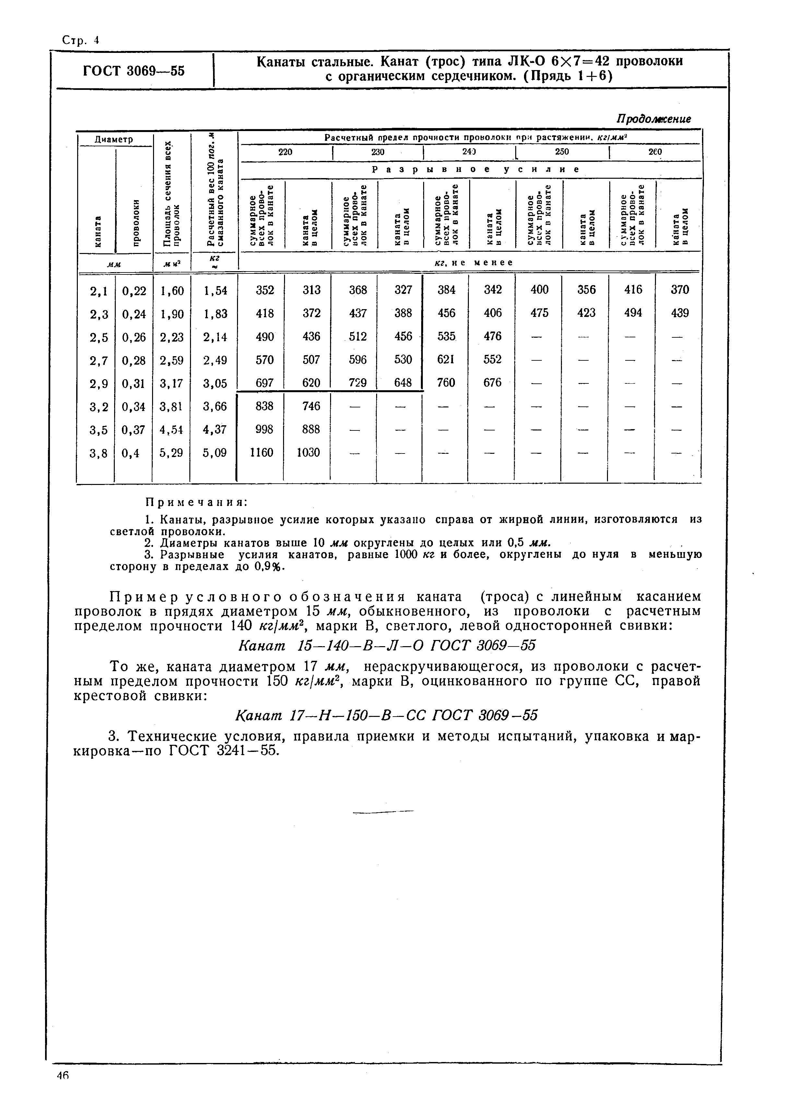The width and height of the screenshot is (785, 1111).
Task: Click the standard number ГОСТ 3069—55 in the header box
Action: (x=134, y=71)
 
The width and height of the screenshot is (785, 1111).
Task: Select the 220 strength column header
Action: (x=285, y=152)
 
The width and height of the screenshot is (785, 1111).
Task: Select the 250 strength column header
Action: (x=562, y=152)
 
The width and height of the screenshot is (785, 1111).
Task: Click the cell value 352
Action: (x=265, y=290)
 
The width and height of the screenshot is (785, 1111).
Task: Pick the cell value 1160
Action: (x=261, y=453)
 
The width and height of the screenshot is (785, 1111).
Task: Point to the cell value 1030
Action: (x=308, y=453)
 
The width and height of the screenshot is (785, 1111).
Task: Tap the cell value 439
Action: (x=680, y=313)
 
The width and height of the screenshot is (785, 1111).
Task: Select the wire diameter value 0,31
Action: (x=134, y=383)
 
